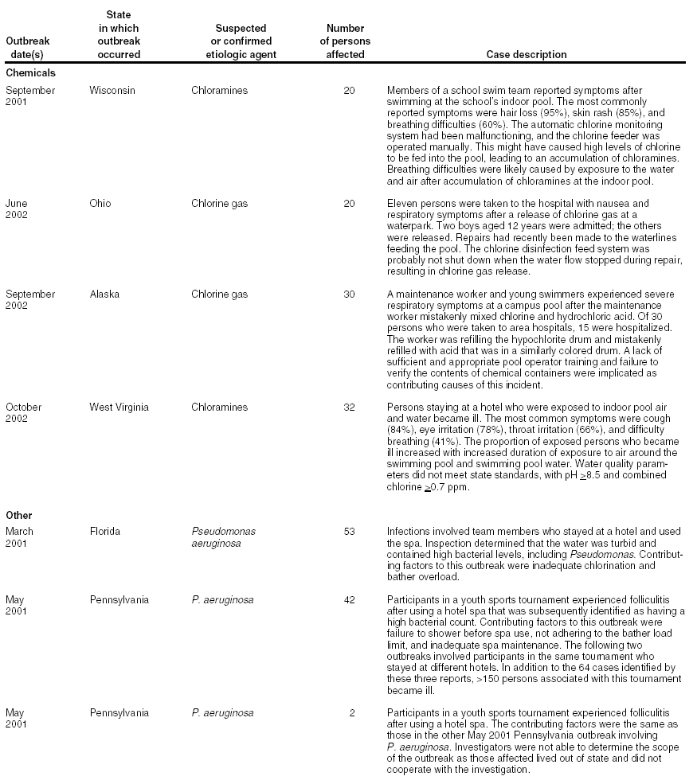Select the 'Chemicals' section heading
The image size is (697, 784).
click(x=30, y=72)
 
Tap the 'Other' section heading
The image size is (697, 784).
click(x=18, y=516)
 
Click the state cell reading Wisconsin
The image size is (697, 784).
click(x=112, y=91)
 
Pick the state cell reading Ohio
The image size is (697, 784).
click(x=100, y=204)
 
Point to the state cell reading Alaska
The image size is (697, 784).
click(x=104, y=294)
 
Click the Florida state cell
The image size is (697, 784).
click(x=105, y=532)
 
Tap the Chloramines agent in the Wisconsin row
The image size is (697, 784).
click(x=219, y=91)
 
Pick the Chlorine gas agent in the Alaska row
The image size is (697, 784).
click(x=219, y=294)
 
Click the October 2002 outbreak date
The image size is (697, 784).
click(x=24, y=413)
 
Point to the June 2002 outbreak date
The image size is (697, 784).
click(x=17, y=209)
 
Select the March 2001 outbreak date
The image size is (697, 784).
click(x=20, y=537)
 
